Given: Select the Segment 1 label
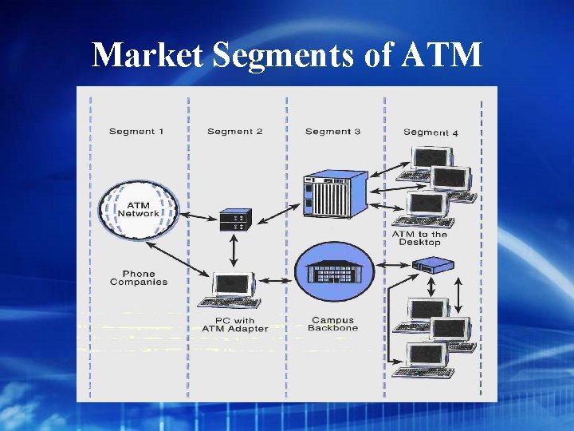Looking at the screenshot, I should pos(137,131).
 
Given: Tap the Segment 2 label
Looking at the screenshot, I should pos(234,131).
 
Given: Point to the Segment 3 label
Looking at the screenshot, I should pos(332,131).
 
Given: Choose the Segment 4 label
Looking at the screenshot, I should pos(431,132).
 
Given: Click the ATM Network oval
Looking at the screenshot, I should pos(139,208).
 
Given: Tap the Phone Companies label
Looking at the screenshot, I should pos(139,278).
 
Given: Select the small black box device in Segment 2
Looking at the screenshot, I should pos(235,219).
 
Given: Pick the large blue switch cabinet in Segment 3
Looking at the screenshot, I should pos(332,196).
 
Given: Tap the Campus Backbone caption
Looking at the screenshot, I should pos(333,324).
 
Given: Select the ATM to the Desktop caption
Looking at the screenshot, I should pos(419,238).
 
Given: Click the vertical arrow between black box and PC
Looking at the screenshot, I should pos(234,251).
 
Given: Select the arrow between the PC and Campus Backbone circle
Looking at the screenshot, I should pos(276,280).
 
